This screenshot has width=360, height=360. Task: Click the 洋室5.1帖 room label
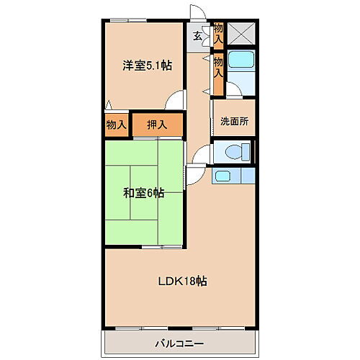(x=146, y=65)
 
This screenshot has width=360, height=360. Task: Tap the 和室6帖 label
(x=143, y=192)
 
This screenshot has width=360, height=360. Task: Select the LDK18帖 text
(x=183, y=282)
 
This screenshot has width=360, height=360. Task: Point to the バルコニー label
(x=178, y=343)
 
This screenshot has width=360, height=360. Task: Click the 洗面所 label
(x=234, y=122)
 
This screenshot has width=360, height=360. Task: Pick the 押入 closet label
(x=157, y=125)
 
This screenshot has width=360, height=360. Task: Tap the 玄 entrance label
(x=197, y=36)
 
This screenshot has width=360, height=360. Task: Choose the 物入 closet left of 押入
(x=117, y=125)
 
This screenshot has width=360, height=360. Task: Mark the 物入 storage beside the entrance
(x=219, y=33)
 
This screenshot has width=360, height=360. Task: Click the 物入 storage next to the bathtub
(x=218, y=68)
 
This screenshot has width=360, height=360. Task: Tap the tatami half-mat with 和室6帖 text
(x=143, y=192)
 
